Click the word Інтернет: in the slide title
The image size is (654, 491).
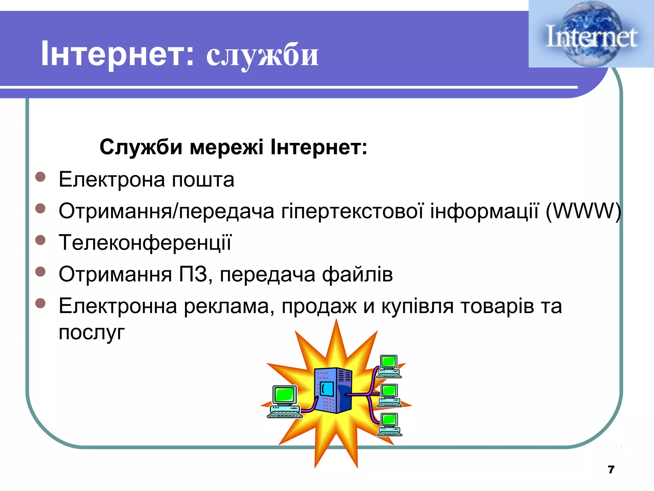click(x=117, y=54)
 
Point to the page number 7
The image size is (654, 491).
click(x=611, y=469)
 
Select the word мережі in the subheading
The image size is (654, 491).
click(x=226, y=147)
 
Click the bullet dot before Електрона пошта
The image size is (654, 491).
click(x=40, y=177)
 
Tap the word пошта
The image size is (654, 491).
click(x=203, y=180)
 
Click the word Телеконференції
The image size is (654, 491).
click(x=145, y=243)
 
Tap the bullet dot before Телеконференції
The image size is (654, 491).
click(x=40, y=240)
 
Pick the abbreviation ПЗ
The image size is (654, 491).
click(x=193, y=274)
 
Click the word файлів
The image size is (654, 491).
click(x=357, y=274)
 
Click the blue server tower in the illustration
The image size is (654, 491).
click(x=333, y=390)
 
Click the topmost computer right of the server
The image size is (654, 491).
click(x=388, y=366)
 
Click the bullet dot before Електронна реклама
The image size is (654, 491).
click(x=40, y=303)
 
